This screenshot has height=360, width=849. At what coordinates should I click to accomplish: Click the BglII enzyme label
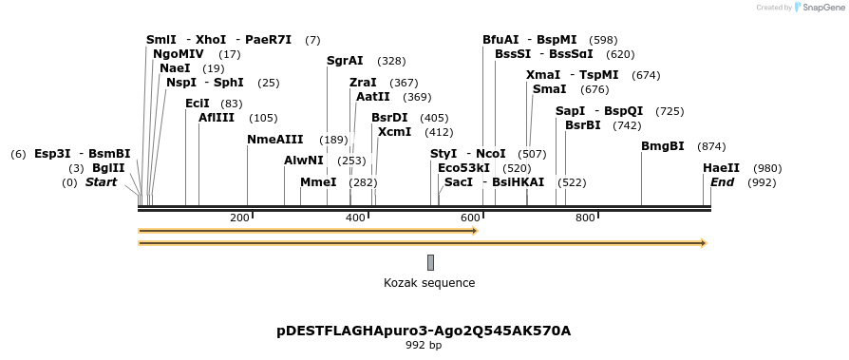point(108,168)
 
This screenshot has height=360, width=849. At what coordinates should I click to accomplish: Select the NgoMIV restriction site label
point(178,54)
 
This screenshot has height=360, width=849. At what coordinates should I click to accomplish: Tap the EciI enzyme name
point(198,104)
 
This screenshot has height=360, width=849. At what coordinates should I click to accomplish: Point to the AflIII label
point(217,118)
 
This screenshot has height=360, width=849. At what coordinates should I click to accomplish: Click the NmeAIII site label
point(274,140)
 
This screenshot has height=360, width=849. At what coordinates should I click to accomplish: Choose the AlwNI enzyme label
point(304,161)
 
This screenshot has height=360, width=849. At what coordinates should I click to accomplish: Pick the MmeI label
point(318,182)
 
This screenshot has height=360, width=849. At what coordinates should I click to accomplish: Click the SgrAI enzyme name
point(345,61)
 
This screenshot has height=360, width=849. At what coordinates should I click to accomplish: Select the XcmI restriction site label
point(394,132)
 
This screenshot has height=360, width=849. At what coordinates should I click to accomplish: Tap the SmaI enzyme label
point(549,89)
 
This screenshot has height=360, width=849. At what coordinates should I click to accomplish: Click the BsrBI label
point(583,125)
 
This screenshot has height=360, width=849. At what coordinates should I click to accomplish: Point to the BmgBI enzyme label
point(663,146)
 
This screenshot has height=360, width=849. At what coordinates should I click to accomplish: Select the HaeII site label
point(721,168)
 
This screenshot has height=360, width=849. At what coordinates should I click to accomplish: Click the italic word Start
point(102,182)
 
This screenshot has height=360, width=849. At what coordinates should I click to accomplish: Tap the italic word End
point(722,182)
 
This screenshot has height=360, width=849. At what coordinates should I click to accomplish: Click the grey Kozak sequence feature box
point(430,262)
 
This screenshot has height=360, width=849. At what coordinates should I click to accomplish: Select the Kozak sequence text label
point(429,283)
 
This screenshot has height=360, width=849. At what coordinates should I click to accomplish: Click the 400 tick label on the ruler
point(355,218)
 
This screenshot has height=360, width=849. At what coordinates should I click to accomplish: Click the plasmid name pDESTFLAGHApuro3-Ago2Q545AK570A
point(424,331)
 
